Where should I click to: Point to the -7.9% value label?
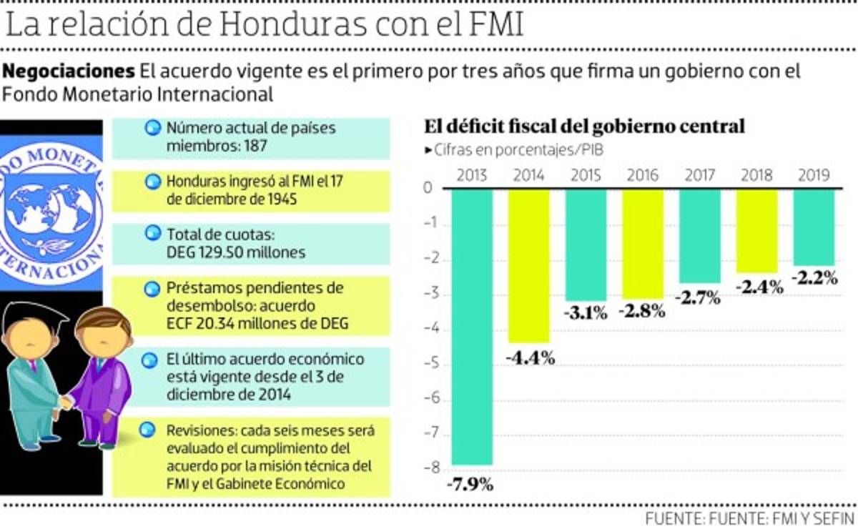(x=470, y=485)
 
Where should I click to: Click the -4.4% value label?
(x=530, y=358)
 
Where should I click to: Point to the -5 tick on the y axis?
(x=428, y=365)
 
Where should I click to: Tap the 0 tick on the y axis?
(x=428, y=189)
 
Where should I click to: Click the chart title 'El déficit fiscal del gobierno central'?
(x=584, y=127)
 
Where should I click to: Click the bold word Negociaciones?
(x=69, y=71)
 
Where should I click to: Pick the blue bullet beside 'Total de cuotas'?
(x=152, y=233)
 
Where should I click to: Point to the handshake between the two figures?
(x=66, y=402)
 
